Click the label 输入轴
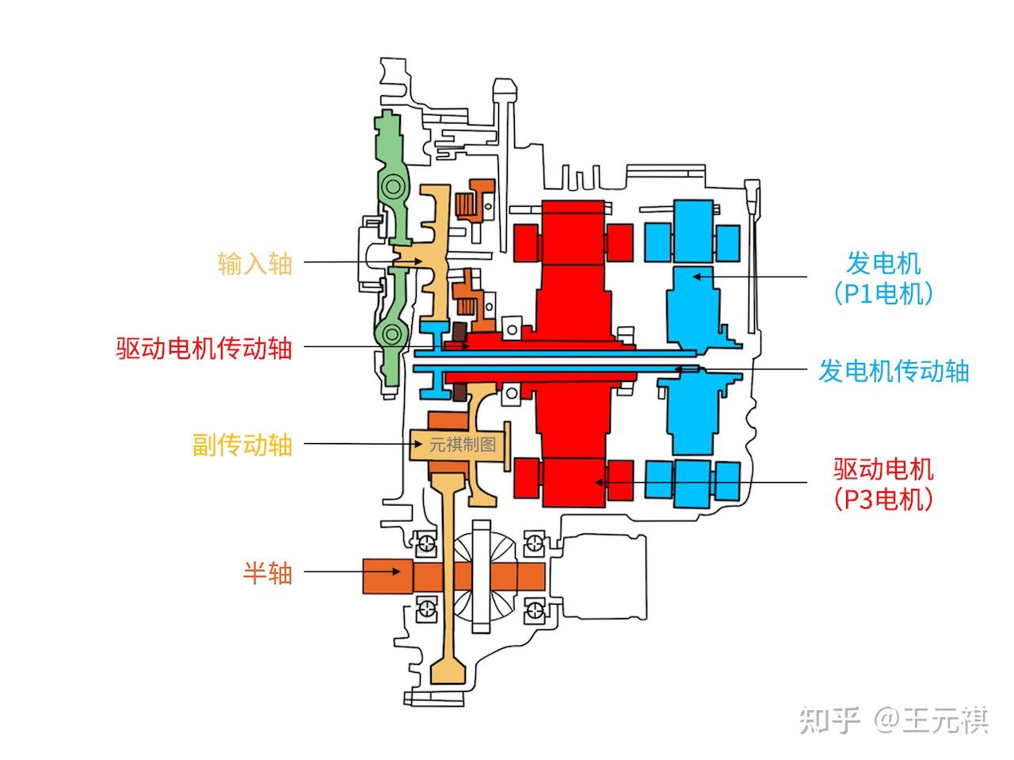coord(255,263)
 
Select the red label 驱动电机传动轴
coord(204,348)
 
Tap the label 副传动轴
coord(242,445)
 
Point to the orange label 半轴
coord(268,572)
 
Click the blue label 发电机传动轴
coord(894,370)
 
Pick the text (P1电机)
coord(883,294)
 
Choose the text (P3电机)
coord(883,499)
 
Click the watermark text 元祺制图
coord(462,445)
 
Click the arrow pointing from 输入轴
coord(349,262)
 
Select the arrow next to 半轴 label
coord(333,572)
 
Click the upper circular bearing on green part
coord(392,188)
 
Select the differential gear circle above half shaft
coord(485,576)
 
